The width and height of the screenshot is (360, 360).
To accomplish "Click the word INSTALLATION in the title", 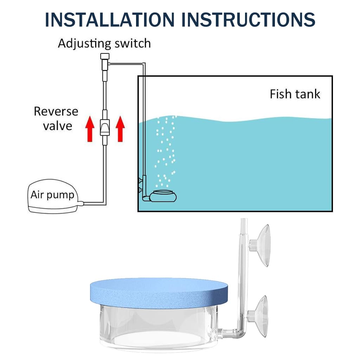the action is [x=110, y=20].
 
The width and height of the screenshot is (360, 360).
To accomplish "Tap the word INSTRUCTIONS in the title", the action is [x=248, y=20].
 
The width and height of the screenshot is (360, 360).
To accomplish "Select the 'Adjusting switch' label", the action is [x=104, y=44].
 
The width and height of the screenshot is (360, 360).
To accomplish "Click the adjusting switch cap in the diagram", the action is [x=105, y=56].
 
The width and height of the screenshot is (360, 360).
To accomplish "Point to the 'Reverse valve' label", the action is [x=56, y=118].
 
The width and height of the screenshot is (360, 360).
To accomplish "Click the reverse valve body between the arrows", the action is [x=105, y=127].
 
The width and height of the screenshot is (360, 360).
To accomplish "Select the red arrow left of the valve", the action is [x=90, y=129].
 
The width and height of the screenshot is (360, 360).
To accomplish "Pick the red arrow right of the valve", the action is [x=120, y=129].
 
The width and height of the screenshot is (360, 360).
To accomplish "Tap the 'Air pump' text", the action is [x=53, y=195].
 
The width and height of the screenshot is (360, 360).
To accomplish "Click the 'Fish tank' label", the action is [x=295, y=94].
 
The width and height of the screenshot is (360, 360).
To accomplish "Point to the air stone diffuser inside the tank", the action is [x=163, y=196].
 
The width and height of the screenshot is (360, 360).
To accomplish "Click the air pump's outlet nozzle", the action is [x=81, y=203].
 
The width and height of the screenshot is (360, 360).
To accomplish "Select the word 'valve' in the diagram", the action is [x=58, y=126].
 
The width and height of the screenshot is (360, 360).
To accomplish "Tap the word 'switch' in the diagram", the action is [x=133, y=43].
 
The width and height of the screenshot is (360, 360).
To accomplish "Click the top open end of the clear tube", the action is [x=244, y=219].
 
